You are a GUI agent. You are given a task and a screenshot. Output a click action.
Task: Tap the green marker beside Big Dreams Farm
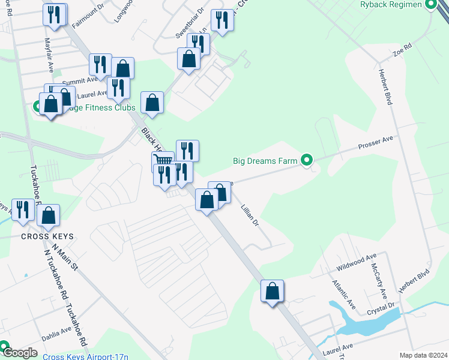[307, 160]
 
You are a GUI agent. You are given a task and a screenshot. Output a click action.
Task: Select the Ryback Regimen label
[393, 5]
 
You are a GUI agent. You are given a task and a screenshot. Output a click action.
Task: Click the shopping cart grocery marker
[163, 161]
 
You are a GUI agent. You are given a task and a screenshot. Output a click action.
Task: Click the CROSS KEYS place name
[47, 236]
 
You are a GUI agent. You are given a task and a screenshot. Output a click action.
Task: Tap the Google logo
[19, 353]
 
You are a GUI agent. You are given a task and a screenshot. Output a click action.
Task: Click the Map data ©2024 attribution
[423, 355]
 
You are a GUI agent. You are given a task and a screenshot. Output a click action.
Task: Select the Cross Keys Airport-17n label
[85, 356]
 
